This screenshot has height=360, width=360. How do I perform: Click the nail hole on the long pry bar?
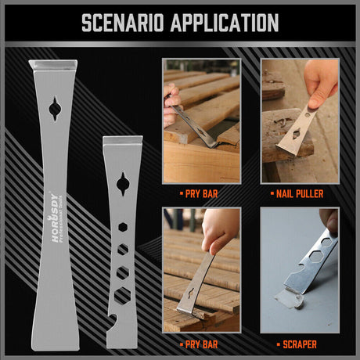tap(54, 108)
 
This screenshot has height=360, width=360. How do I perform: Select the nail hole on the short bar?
tap(123, 185)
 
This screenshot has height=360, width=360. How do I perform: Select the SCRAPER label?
tap(300, 341)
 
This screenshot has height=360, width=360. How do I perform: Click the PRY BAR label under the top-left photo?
tap(203, 193)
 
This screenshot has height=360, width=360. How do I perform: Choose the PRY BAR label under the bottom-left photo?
tap(203, 341)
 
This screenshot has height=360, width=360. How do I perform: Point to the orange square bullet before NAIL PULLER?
tap(272, 193)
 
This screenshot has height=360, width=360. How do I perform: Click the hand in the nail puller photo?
tap(321, 80)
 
